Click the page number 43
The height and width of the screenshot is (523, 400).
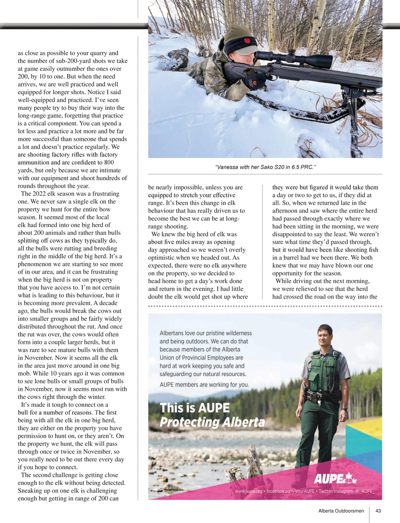tap(378, 511)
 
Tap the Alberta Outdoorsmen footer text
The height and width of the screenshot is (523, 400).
tap(341, 511)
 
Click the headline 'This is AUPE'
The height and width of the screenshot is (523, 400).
tap(195, 408)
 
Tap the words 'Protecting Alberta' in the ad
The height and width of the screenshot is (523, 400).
tap(212, 422)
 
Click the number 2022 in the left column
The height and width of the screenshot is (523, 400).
tap(41, 194)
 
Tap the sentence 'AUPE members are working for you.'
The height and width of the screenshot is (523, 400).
tap(204, 384)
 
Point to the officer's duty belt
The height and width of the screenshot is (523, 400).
tap(323, 395)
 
